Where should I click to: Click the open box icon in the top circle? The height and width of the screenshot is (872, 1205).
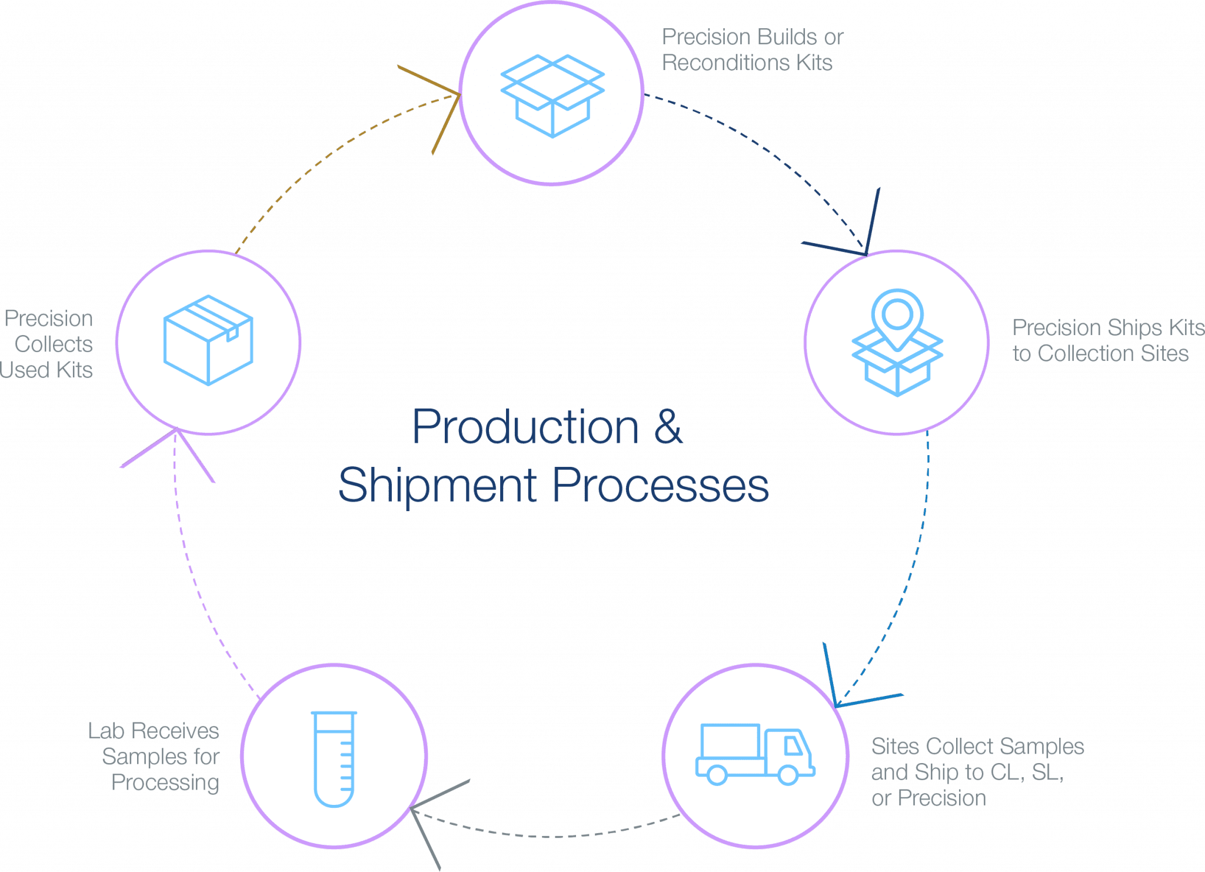[x=552, y=96]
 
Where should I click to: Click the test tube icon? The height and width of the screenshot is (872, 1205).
[x=334, y=759]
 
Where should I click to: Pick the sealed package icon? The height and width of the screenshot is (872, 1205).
[x=208, y=340]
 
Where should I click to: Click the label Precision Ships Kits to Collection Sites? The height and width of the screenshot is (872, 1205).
[x=1109, y=340]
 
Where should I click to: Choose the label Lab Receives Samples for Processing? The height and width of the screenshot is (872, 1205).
[x=154, y=757]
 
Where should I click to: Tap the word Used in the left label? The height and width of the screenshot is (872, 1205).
[x=24, y=370]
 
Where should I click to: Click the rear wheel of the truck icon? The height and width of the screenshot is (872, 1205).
[x=717, y=775]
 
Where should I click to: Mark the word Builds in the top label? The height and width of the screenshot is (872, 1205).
[x=785, y=37]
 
